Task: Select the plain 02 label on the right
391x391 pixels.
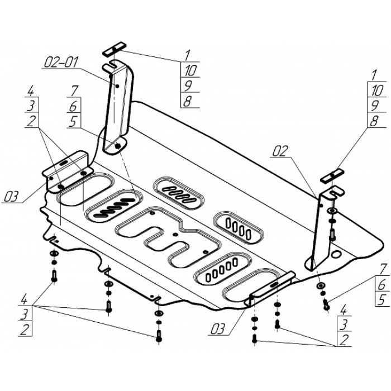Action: click(x=282, y=150)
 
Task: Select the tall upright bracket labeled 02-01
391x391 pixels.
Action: click(x=119, y=106)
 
